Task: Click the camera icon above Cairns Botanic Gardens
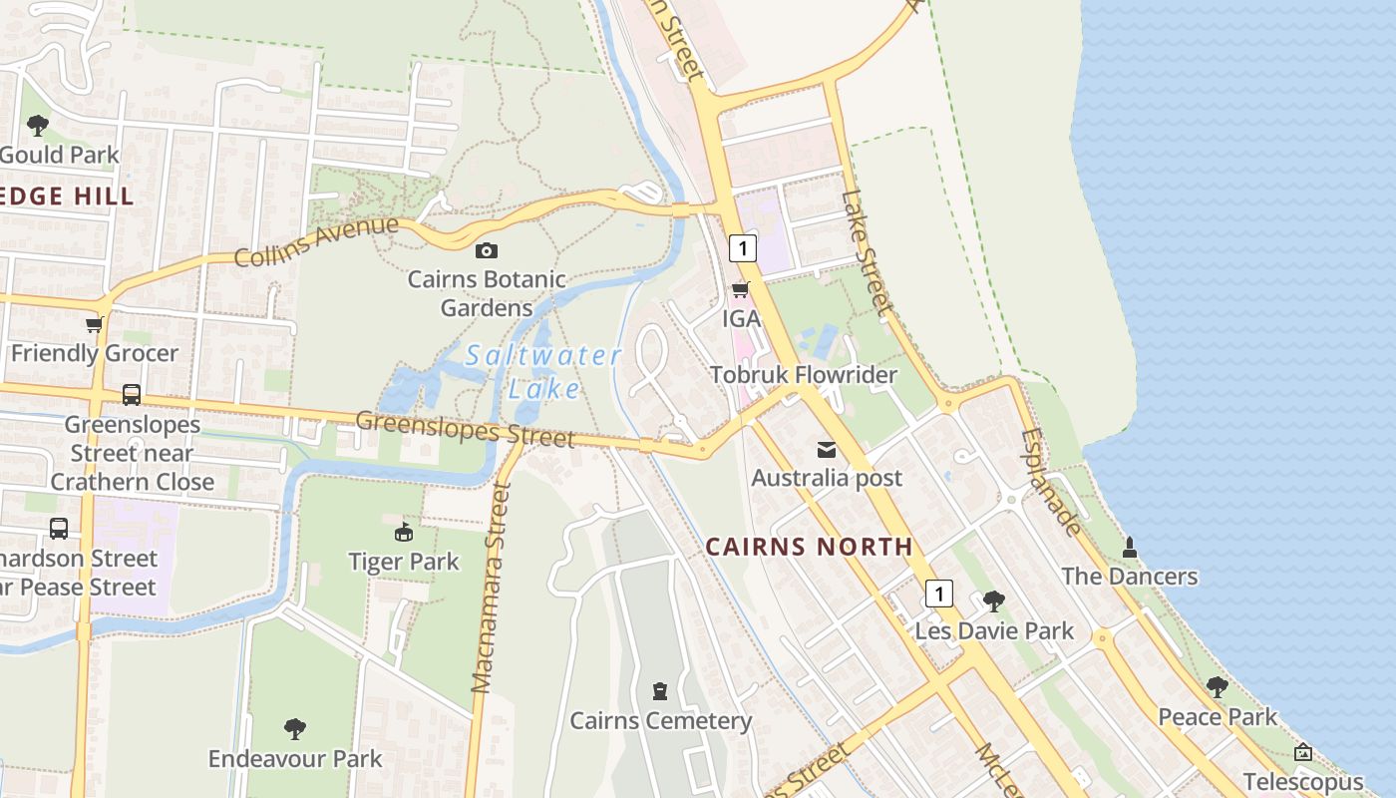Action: coord(487,250)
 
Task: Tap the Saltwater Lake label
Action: coord(544,371)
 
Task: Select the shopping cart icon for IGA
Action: coord(740,290)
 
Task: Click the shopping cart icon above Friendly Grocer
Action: coord(94,324)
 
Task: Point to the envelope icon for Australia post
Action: coord(827,450)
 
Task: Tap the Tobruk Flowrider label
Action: coord(804,375)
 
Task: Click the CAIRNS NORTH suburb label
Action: coord(809,547)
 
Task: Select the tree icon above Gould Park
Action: coord(38,126)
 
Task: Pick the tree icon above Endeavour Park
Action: coord(294,729)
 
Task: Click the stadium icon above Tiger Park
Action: coord(404,533)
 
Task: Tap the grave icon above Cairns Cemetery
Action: coord(659,690)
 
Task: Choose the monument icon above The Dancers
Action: coord(1130,548)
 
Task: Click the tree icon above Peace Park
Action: coord(1217,687)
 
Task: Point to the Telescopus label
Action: coord(1303,782)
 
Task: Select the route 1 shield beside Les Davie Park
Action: coord(938,594)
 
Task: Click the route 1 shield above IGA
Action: coord(742,247)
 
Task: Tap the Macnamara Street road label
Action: coord(490,589)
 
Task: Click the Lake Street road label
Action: coord(866,252)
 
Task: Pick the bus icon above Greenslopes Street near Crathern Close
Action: coord(131,395)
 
